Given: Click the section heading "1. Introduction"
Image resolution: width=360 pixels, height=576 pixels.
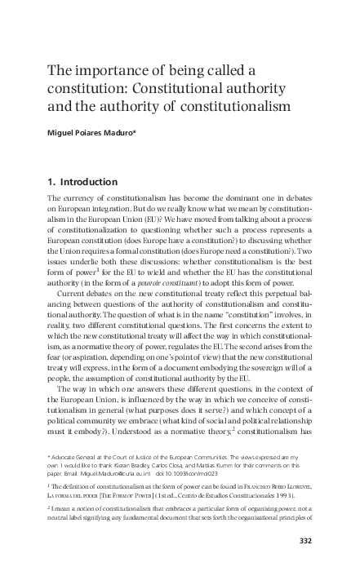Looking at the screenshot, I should (82, 181).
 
